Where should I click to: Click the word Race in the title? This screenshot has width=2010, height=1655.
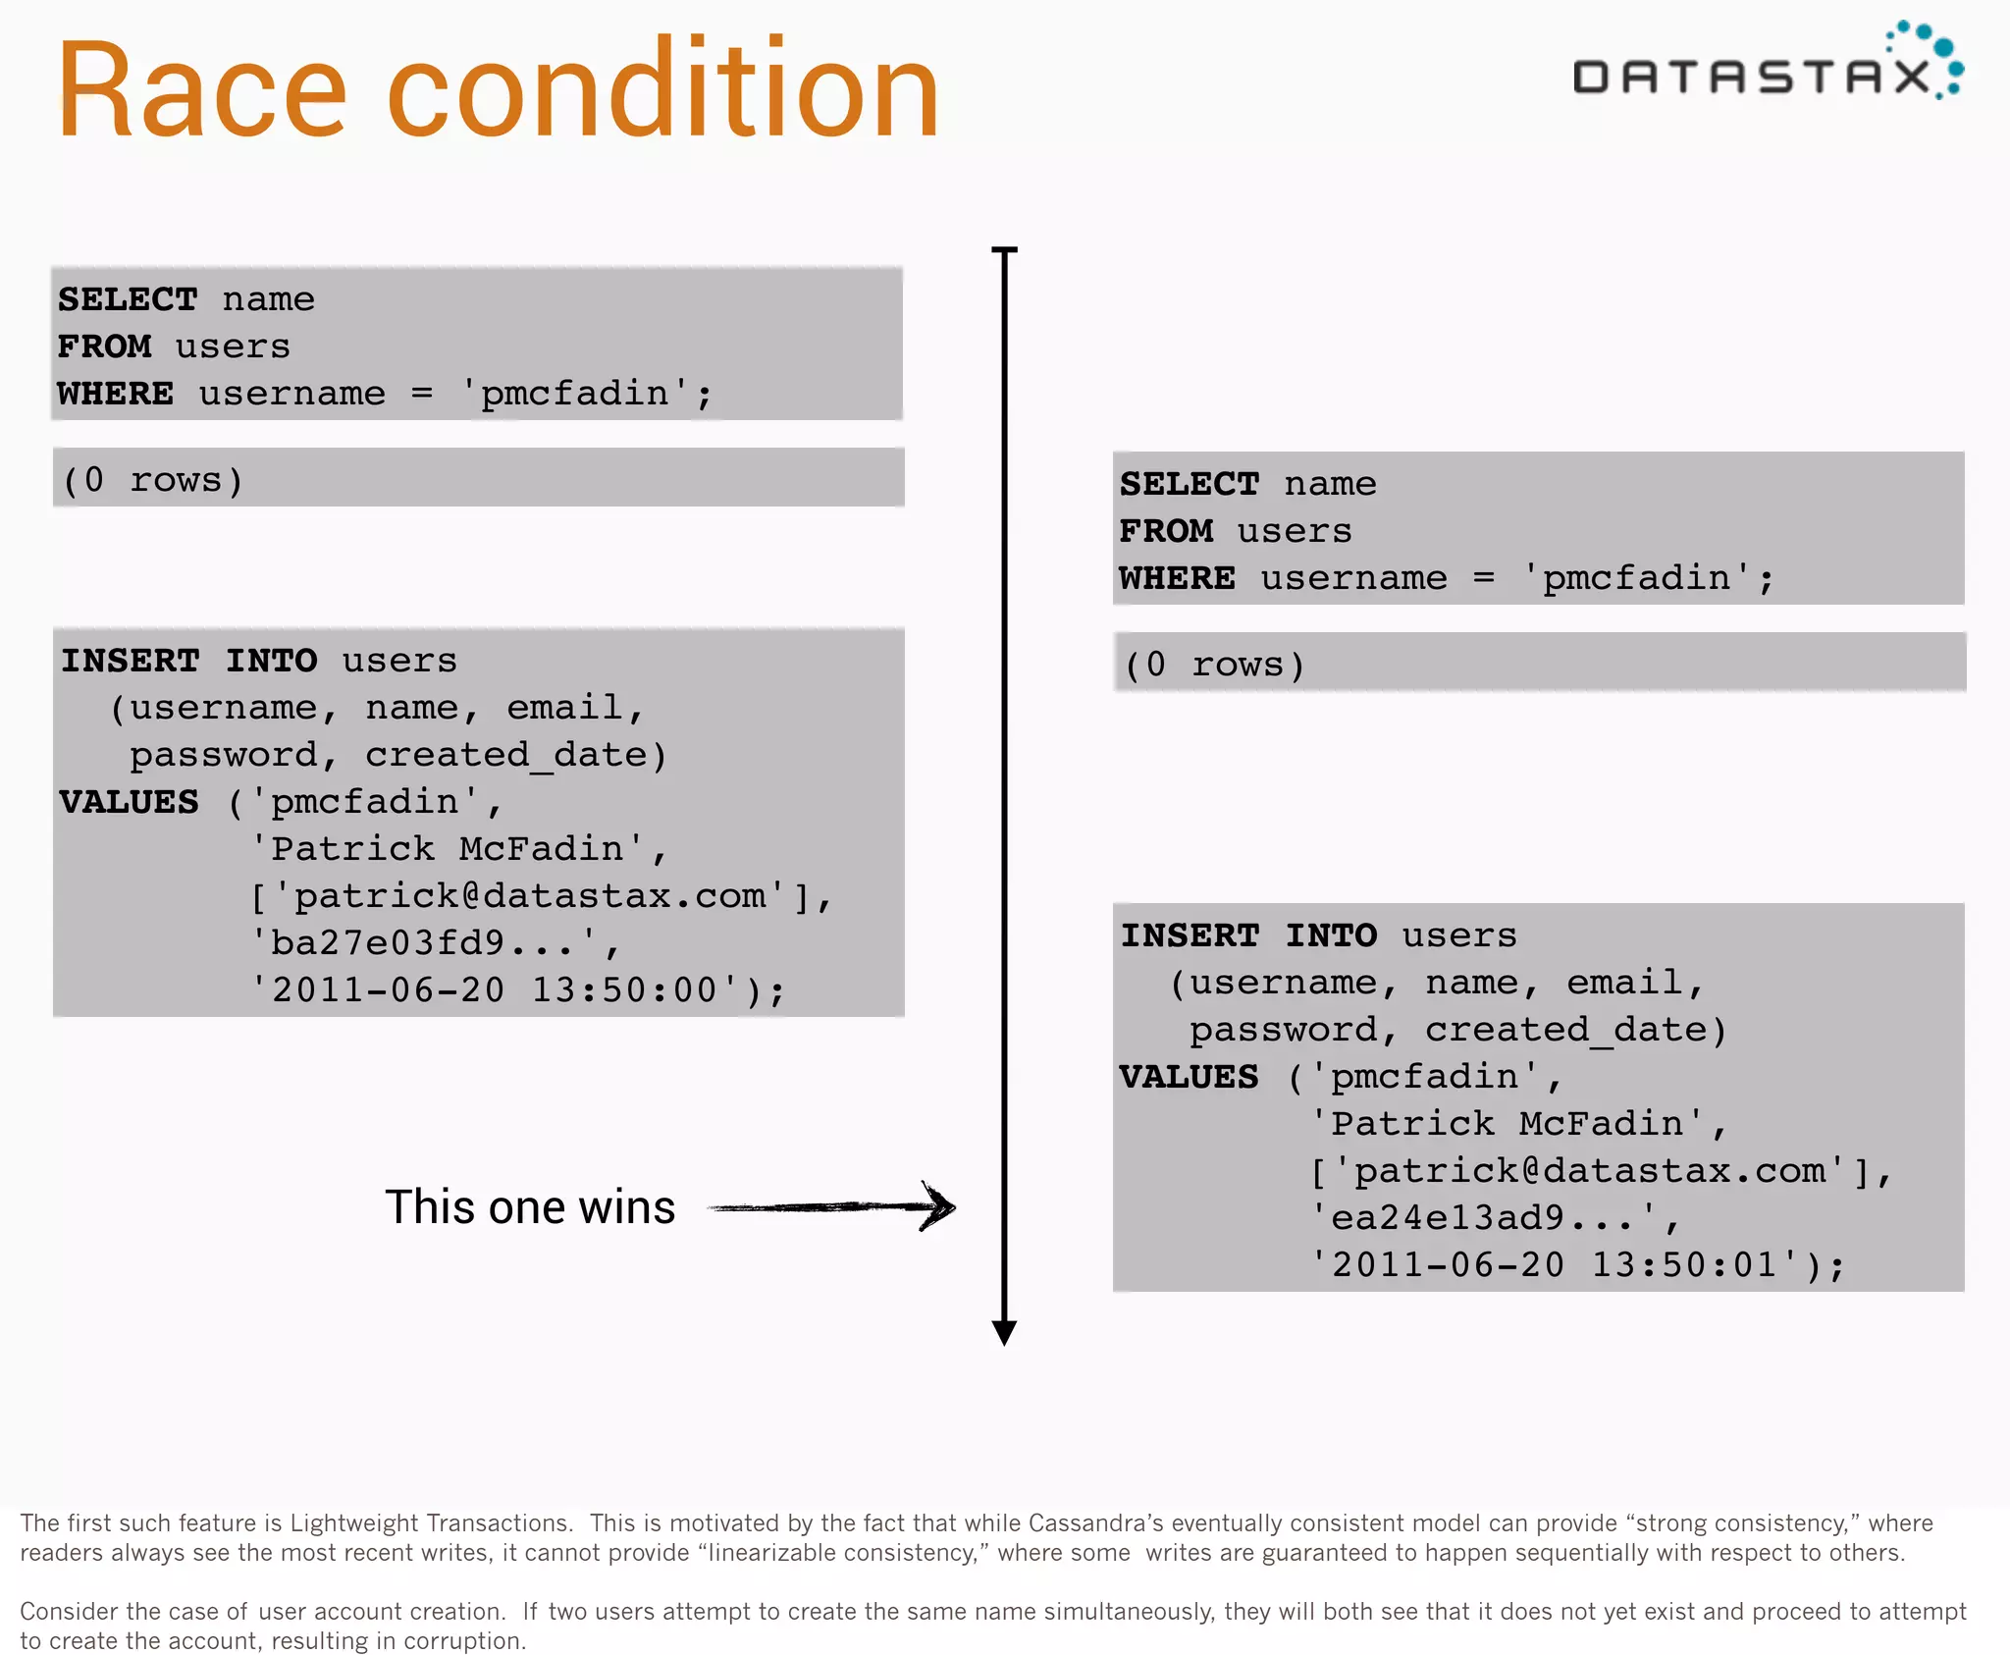(x=201, y=90)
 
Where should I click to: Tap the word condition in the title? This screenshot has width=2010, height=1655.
(x=663, y=90)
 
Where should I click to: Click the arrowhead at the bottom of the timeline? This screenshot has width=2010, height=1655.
(x=1004, y=1332)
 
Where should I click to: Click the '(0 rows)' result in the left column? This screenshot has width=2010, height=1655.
(x=153, y=480)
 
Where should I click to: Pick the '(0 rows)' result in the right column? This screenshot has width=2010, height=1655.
(x=1214, y=665)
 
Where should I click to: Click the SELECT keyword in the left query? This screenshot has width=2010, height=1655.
(x=128, y=299)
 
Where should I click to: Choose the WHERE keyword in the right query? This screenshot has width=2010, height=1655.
(x=1177, y=578)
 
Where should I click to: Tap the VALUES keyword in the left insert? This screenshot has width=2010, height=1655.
(x=129, y=802)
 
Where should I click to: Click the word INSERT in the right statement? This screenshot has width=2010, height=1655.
(x=1190, y=935)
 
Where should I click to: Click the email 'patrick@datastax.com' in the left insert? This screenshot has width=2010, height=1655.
(x=530, y=896)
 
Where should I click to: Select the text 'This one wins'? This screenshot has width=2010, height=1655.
(x=530, y=1206)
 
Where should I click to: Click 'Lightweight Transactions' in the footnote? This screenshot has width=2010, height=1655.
(x=431, y=1522)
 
